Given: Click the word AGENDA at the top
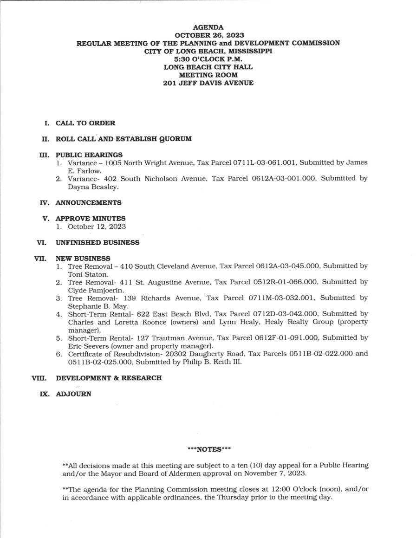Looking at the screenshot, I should (x=208, y=27).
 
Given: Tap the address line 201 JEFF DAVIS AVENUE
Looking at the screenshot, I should (x=208, y=83).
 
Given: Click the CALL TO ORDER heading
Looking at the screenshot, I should (x=85, y=123).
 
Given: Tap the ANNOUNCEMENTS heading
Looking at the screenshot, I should (x=89, y=202).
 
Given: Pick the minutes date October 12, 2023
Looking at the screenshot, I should (x=97, y=226).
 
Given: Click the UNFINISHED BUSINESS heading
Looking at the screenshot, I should (x=97, y=242).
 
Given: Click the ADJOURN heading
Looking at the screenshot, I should (x=74, y=394).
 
